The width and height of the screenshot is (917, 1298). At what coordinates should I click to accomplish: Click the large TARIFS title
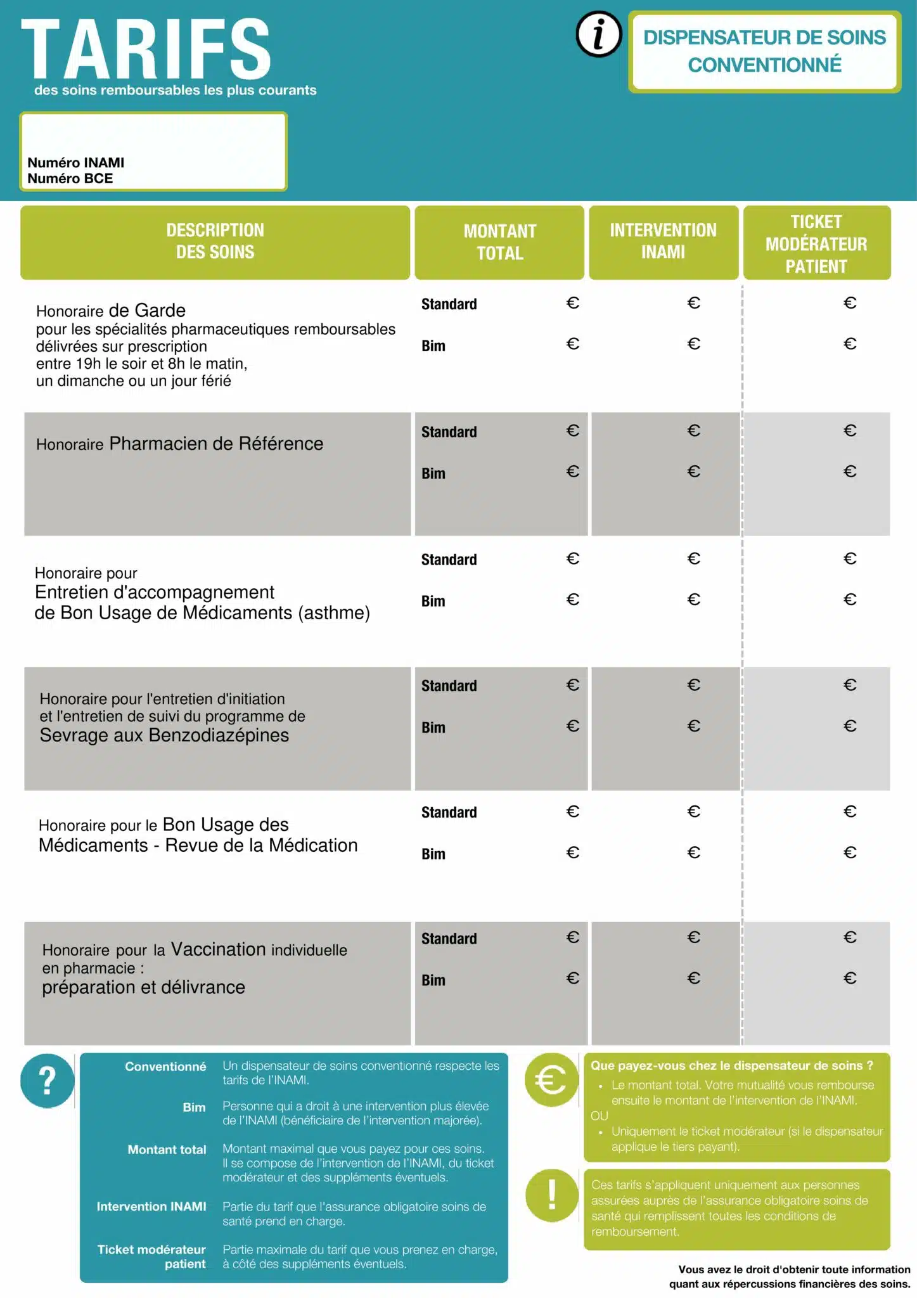146,49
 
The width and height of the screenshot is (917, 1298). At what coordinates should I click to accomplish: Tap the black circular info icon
599,34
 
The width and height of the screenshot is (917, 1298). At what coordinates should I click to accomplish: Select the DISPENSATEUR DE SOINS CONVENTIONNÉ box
764,51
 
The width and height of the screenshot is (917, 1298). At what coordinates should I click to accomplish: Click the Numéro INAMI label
76,163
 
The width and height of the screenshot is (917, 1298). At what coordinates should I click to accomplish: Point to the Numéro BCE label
70,179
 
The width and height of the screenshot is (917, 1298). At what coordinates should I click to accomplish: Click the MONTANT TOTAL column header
499,242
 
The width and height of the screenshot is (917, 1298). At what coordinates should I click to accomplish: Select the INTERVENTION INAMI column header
663,241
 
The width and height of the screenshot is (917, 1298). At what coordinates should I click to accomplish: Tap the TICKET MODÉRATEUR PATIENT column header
816,243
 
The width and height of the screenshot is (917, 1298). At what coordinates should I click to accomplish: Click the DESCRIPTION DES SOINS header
215,241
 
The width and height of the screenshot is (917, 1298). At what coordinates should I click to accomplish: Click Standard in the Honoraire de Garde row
449,305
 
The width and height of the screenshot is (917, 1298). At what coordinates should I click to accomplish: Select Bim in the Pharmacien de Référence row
433,474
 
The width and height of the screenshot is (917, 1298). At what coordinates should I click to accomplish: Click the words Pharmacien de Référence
216,444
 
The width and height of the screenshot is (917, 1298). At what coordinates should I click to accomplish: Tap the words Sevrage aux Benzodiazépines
164,735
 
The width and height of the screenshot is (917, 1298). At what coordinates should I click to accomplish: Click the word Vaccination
218,949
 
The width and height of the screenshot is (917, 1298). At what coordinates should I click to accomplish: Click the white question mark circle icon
47,1081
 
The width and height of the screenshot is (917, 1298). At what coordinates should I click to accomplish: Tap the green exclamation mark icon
551,1195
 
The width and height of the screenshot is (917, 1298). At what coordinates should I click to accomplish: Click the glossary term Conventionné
165,1067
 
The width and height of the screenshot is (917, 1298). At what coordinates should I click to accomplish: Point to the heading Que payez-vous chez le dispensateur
732,1066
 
